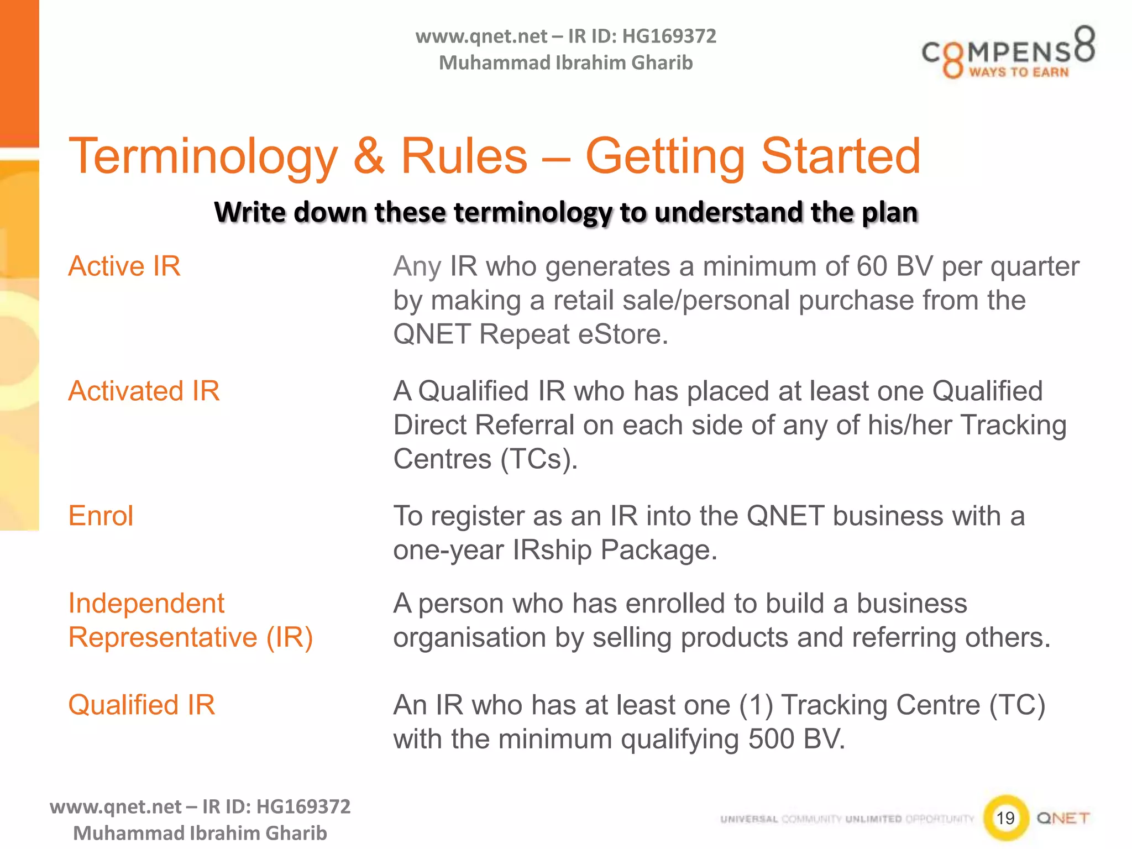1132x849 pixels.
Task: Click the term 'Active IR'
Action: tap(124, 266)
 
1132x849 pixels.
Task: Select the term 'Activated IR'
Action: tap(144, 391)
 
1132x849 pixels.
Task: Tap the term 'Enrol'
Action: tap(101, 516)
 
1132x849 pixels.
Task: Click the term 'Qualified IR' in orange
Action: tap(141, 705)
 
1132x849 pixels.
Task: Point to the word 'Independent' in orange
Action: tap(146, 604)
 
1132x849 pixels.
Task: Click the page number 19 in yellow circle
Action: tap(1005, 817)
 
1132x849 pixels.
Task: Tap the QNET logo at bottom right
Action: tap(1063, 818)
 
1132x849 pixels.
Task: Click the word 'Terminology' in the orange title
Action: tap(203, 156)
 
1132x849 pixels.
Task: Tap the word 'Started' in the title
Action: tap(841, 156)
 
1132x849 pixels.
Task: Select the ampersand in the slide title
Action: tap(369, 156)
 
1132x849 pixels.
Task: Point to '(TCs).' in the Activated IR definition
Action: tap(539, 459)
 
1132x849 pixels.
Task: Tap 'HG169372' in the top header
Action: tap(669, 36)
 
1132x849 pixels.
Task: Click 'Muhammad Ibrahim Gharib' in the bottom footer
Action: tap(200, 833)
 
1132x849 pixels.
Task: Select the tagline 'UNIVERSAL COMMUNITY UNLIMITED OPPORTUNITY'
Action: tap(847, 819)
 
